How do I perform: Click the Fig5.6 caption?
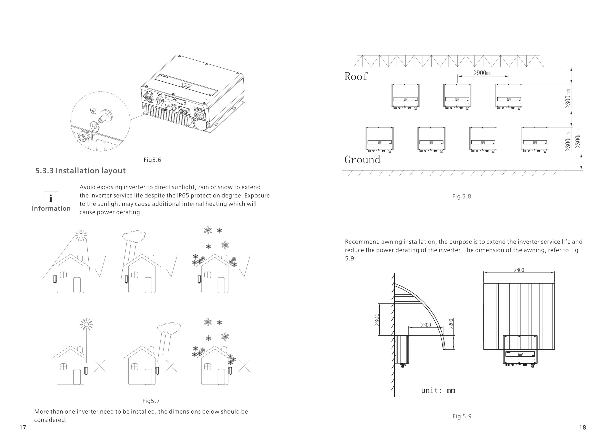[152, 160]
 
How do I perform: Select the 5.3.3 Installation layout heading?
[80, 171]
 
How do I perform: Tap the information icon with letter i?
[51, 198]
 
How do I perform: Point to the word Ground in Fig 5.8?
[362, 160]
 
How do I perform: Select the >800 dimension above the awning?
[519, 270]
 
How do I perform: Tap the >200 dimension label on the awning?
[451, 324]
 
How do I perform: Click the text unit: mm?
[438, 390]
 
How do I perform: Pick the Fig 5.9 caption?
[462, 416]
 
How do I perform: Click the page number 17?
[23, 427]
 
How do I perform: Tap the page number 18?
[582, 427]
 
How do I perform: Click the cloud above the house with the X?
[169, 328]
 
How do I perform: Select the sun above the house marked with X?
[86, 324]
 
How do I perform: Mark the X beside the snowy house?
[244, 366]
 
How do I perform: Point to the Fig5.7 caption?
[151, 401]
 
